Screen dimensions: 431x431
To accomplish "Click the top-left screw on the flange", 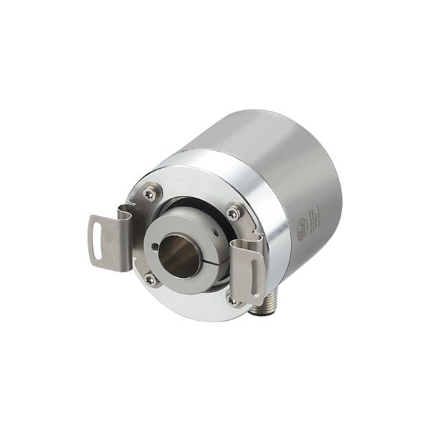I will pos(149,193).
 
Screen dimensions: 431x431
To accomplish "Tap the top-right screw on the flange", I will pos(233,212).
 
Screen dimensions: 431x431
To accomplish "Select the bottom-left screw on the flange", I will pos(150,279).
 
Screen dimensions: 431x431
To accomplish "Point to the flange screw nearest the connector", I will pos(233,301).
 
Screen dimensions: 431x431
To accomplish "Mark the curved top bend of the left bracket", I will pos(126,212).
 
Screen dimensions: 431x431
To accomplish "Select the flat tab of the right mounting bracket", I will pos(247,277).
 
